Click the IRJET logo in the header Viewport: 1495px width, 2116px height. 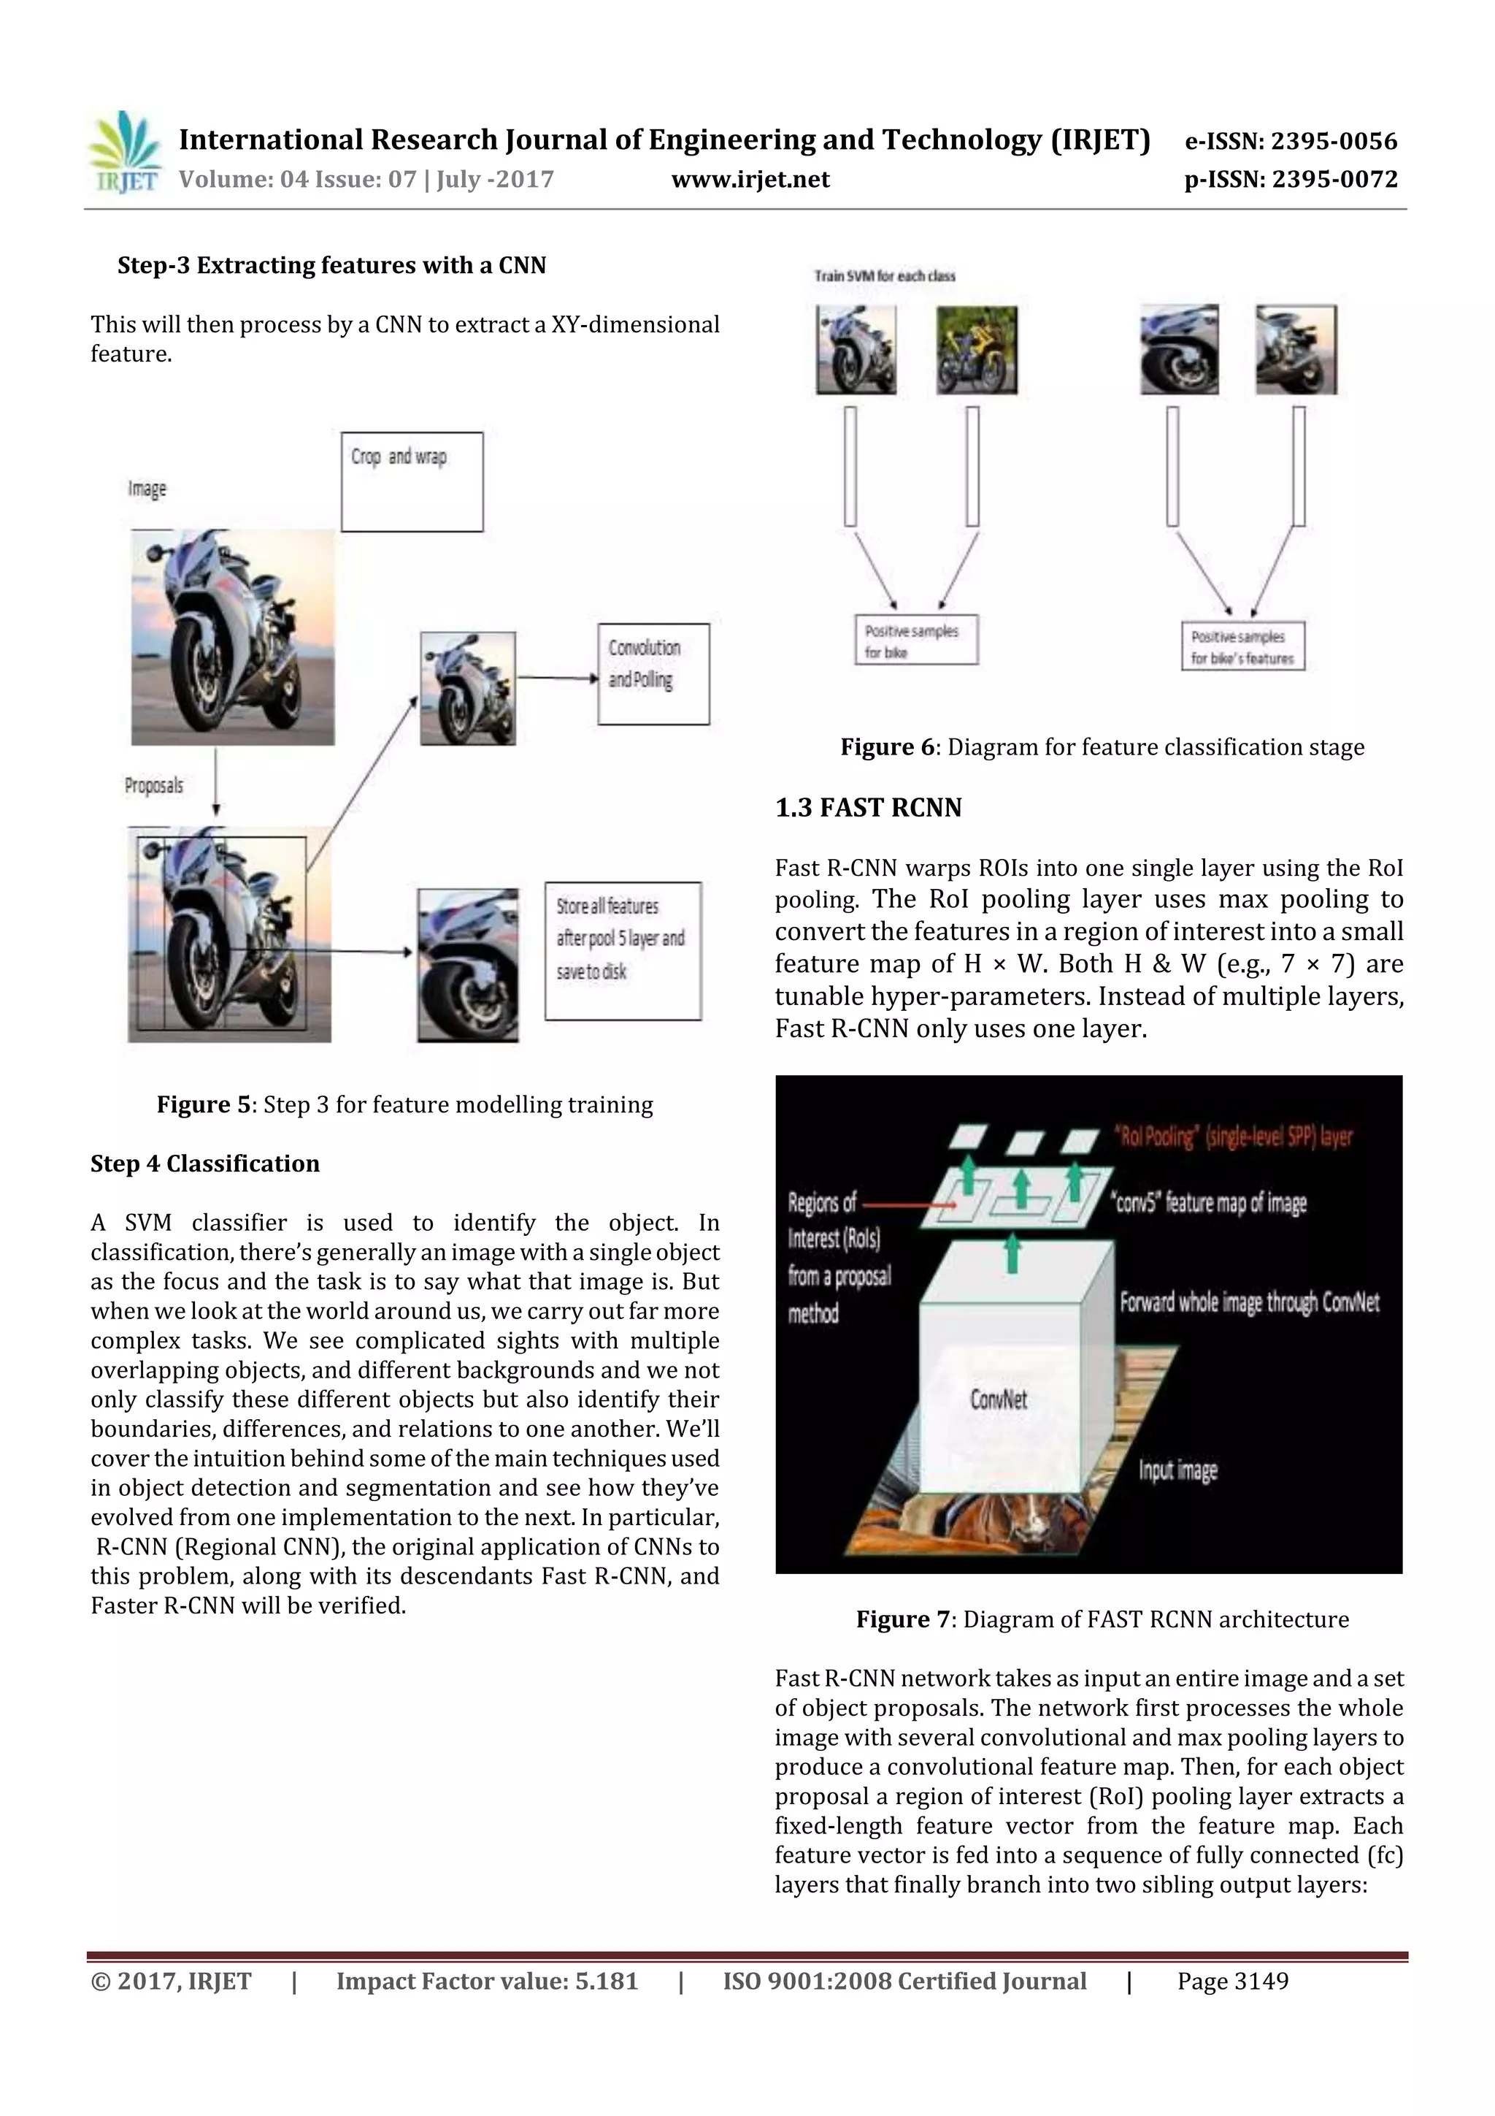123,153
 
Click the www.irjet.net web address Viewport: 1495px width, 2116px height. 750,180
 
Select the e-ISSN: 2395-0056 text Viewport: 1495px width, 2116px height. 1290,141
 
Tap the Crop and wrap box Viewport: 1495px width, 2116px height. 412,481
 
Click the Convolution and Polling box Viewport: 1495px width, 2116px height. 653,673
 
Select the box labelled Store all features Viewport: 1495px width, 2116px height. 623,950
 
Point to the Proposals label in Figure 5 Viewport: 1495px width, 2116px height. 154,785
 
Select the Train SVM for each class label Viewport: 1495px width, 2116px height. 884,275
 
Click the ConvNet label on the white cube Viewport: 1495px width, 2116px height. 998,1399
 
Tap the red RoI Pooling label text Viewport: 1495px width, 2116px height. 1234,1137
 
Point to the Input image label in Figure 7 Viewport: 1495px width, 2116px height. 1177,1470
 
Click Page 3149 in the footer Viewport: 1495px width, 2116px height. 1231,1981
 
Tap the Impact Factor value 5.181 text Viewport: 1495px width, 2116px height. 486,1981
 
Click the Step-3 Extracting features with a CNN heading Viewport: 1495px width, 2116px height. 331,265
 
